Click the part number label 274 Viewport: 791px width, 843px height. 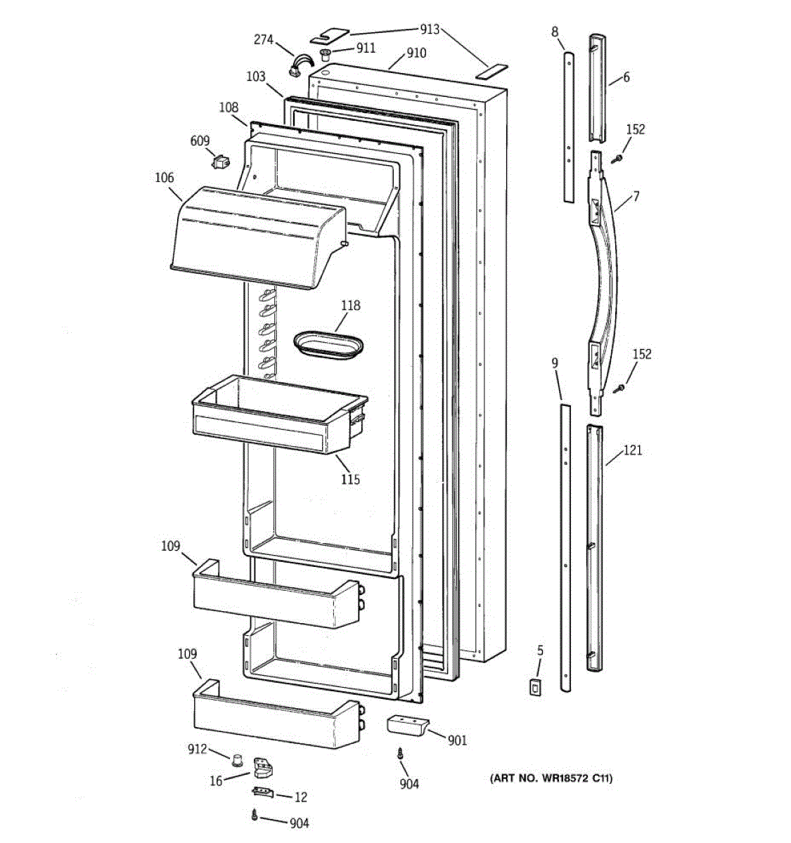tap(263, 40)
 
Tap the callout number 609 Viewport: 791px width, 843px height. tap(200, 141)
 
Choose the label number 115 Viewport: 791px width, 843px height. tap(350, 479)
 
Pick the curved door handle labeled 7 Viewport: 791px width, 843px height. tap(604, 281)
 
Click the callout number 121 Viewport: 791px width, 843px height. tap(633, 450)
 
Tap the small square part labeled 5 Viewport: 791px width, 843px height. tap(536, 687)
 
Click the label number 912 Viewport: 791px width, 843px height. tap(197, 749)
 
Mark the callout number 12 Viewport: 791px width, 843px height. tap(300, 797)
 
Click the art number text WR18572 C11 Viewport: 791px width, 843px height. tap(551, 778)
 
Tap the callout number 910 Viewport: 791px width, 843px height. tap(416, 53)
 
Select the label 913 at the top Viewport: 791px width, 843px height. tap(430, 30)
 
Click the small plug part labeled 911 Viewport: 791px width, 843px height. tap(326, 55)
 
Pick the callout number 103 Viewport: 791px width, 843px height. tap(256, 76)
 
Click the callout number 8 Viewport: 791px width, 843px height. tap(555, 31)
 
